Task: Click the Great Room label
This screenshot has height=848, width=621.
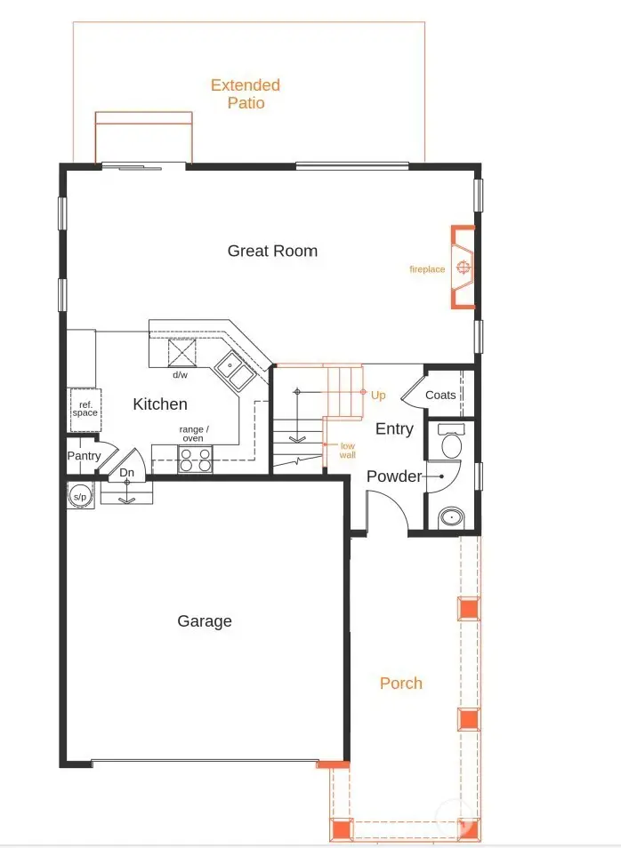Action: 272,251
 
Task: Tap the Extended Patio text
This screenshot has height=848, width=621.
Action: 245,94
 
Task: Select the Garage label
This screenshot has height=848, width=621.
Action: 205,621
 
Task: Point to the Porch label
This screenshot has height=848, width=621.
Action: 401,683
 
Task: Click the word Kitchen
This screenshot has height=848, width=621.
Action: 160,404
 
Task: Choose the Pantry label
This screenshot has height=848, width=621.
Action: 84,456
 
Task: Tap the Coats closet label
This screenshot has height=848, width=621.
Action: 440,396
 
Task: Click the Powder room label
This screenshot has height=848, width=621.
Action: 394,476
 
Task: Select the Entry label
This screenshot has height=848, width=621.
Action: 394,429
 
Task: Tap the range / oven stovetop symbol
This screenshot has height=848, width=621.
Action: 196,459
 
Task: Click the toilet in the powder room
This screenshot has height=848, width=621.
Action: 449,444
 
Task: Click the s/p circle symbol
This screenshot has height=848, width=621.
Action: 78,496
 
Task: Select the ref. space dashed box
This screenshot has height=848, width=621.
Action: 85,409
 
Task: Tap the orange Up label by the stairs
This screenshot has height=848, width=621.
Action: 378,395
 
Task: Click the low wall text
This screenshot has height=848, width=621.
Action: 347,451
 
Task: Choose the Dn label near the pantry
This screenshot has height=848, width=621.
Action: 127,473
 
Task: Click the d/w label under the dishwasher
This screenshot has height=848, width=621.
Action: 180,375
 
